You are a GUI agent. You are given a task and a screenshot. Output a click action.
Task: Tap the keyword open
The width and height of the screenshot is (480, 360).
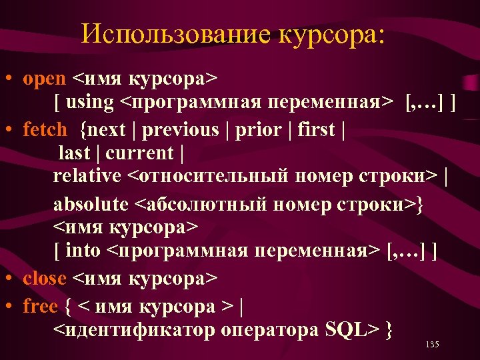[x=44, y=79]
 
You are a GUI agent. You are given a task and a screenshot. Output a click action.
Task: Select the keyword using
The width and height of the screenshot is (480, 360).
[x=90, y=103]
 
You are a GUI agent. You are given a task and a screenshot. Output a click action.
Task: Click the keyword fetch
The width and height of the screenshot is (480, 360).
[x=45, y=129]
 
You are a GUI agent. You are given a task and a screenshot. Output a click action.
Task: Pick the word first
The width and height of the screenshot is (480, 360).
[x=314, y=129]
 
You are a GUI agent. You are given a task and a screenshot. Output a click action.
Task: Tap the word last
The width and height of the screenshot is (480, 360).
[x=74, y=153]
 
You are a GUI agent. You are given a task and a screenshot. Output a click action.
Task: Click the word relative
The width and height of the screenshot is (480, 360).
[x=87, y=176]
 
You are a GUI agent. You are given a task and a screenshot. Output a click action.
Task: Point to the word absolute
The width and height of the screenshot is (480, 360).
[x=90, y=203]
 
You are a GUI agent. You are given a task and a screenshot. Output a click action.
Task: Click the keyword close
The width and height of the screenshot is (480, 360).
[x=44, y=278]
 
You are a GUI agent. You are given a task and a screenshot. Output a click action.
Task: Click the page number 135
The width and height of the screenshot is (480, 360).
[x=431, y=345]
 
